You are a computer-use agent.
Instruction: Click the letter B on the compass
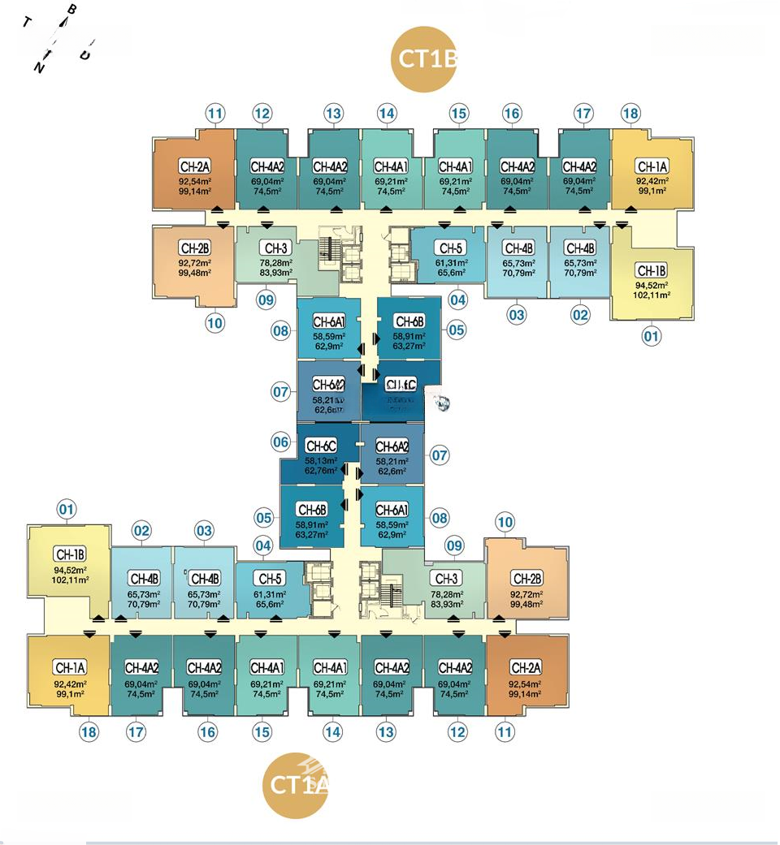71,11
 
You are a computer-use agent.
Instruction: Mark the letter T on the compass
27,22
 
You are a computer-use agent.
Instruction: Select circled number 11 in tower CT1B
214,114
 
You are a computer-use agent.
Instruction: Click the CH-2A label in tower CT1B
195,166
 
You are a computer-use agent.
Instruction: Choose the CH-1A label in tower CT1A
70,667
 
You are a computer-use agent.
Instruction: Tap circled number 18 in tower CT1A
89,732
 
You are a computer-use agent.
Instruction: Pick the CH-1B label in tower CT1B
652,270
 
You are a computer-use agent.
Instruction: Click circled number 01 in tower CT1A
67,510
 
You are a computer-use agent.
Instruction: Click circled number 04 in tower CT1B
457,300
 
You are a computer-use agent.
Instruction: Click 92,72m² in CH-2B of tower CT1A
526,595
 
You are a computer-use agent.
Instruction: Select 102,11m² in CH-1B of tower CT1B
652,295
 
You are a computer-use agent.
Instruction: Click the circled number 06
281,442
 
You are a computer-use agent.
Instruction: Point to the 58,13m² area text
320,459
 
